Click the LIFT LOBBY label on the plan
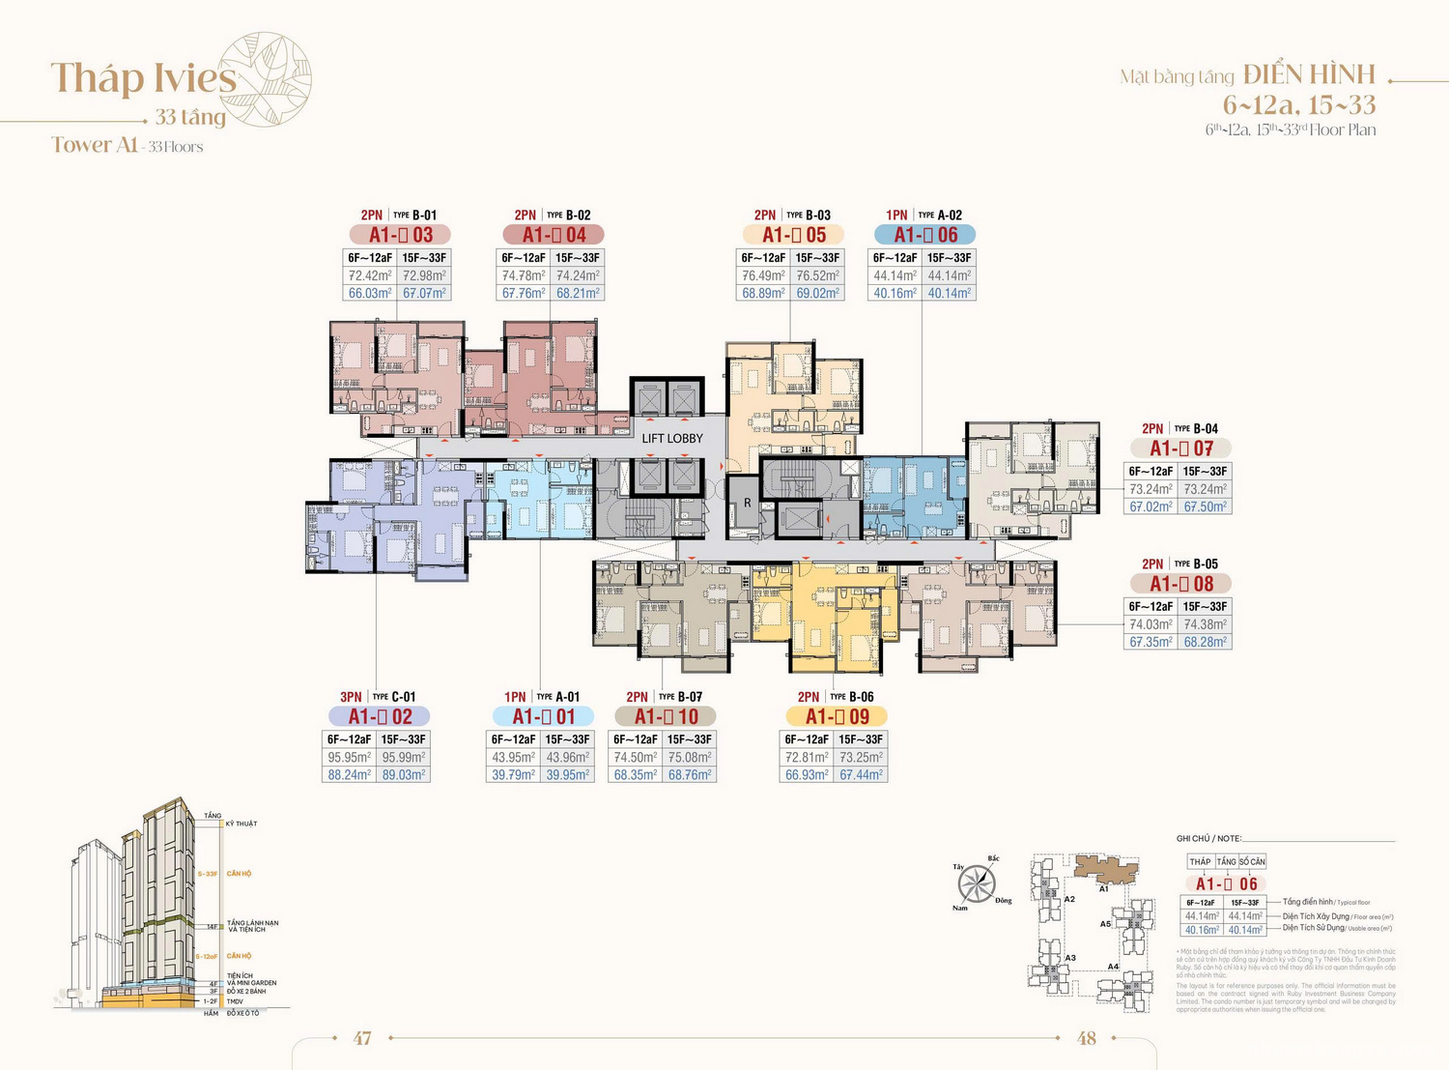(x=672, y=438)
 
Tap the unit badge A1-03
(x=400, y=235)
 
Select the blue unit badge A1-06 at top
(x=924, y=235)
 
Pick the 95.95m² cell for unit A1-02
(x=349, y=758)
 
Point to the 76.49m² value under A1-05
(x=763, y=275)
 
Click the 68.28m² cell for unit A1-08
(x=1205, y=642)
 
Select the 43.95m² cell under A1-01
(x=513, y=758)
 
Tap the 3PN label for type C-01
(x=351, y=697)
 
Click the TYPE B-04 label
(x=1196, y=428)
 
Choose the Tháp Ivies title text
(x=143, y=78)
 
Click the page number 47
(x=362, y=1038)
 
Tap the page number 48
(x=1087, y=1038)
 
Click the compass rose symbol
(x=977, y=883)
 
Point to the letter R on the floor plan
(x=747, y=503)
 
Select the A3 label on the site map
(x=1070, y=958)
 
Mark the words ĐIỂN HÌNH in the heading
(x=1309, y=75)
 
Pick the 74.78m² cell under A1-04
(x=524, y=275)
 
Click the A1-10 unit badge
(x=666, y=716)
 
